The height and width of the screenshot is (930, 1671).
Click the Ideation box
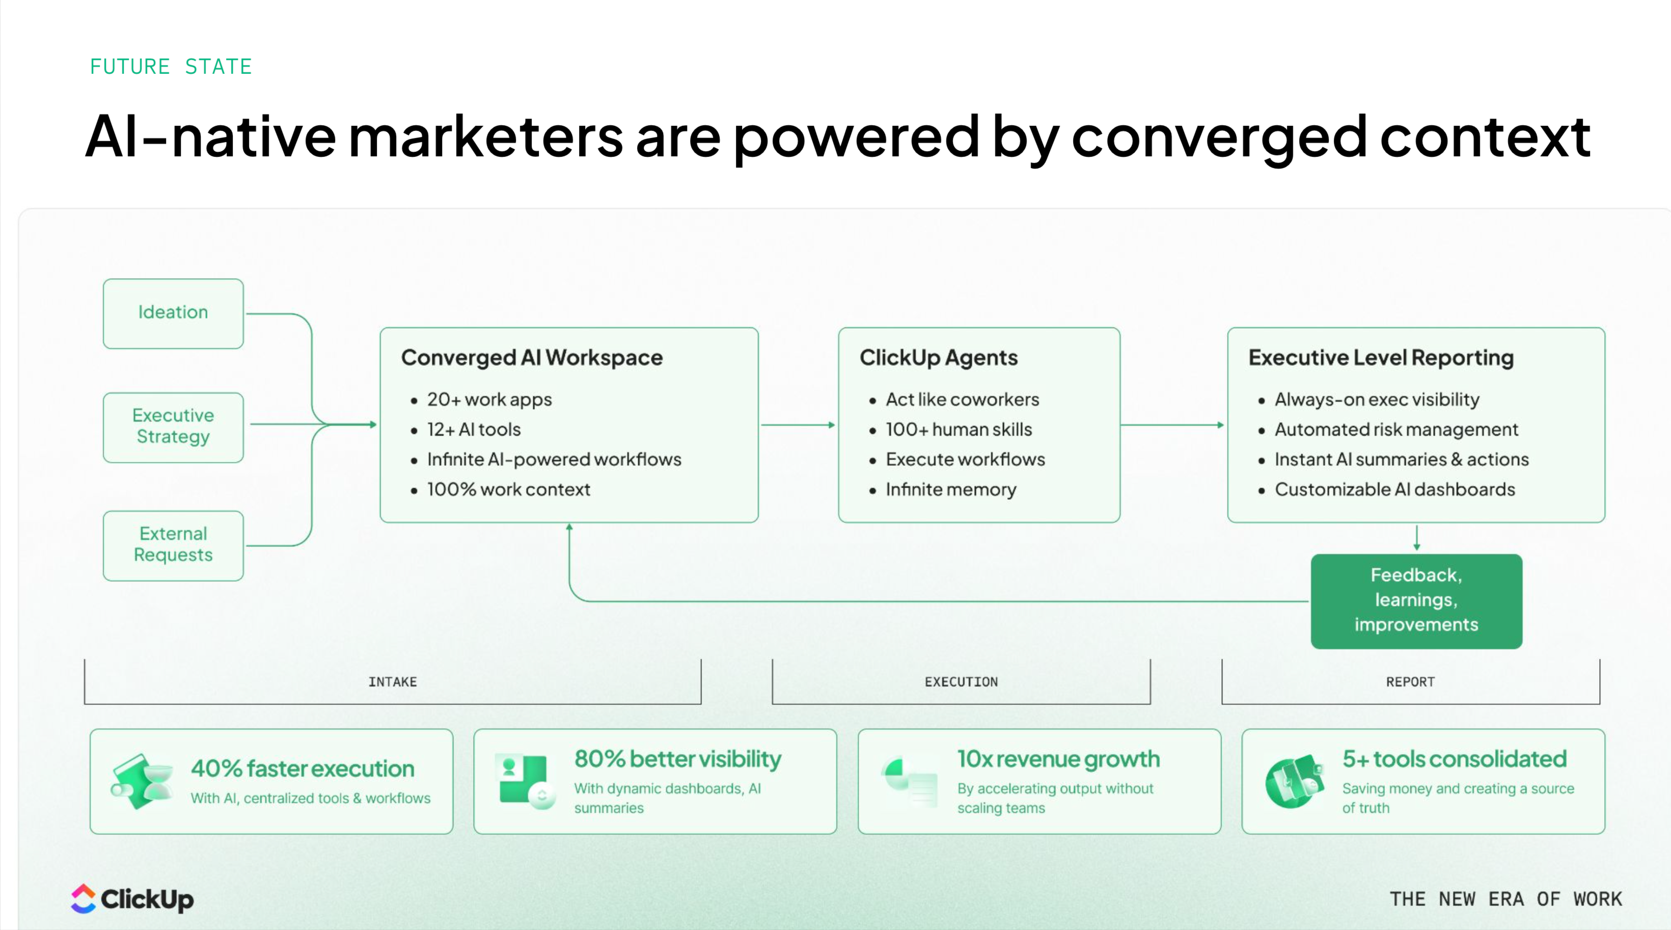tap(173, 313)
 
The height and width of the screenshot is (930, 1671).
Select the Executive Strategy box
tap(173, 427)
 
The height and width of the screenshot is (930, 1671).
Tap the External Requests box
tap(173, 545)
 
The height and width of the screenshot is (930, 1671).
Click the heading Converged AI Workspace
tap(532, 358)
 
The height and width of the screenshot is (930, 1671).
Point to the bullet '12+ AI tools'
tap(474, 430)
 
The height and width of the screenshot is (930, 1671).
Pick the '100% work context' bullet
tap(509, 489)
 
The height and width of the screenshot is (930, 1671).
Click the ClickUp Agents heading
tap(938, 358)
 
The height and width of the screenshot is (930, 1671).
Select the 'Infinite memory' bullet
tap(950, 489)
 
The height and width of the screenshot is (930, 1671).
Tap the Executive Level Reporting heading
tap(1381, 358)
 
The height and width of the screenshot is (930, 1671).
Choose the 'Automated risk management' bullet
tap(1396, 430)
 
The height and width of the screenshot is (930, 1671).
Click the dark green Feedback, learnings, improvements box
tap(1416, 600)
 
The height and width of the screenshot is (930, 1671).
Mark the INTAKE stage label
tap(393, 681)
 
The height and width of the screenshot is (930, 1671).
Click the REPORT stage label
tap(1410, 681)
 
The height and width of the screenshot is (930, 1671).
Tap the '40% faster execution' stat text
tap(303, 768)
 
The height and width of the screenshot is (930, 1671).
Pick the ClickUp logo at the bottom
tap(132, 899)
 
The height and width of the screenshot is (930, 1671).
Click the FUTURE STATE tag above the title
tap(171, 66)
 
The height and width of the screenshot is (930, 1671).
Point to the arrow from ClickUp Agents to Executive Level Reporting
tap(1172, 425)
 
